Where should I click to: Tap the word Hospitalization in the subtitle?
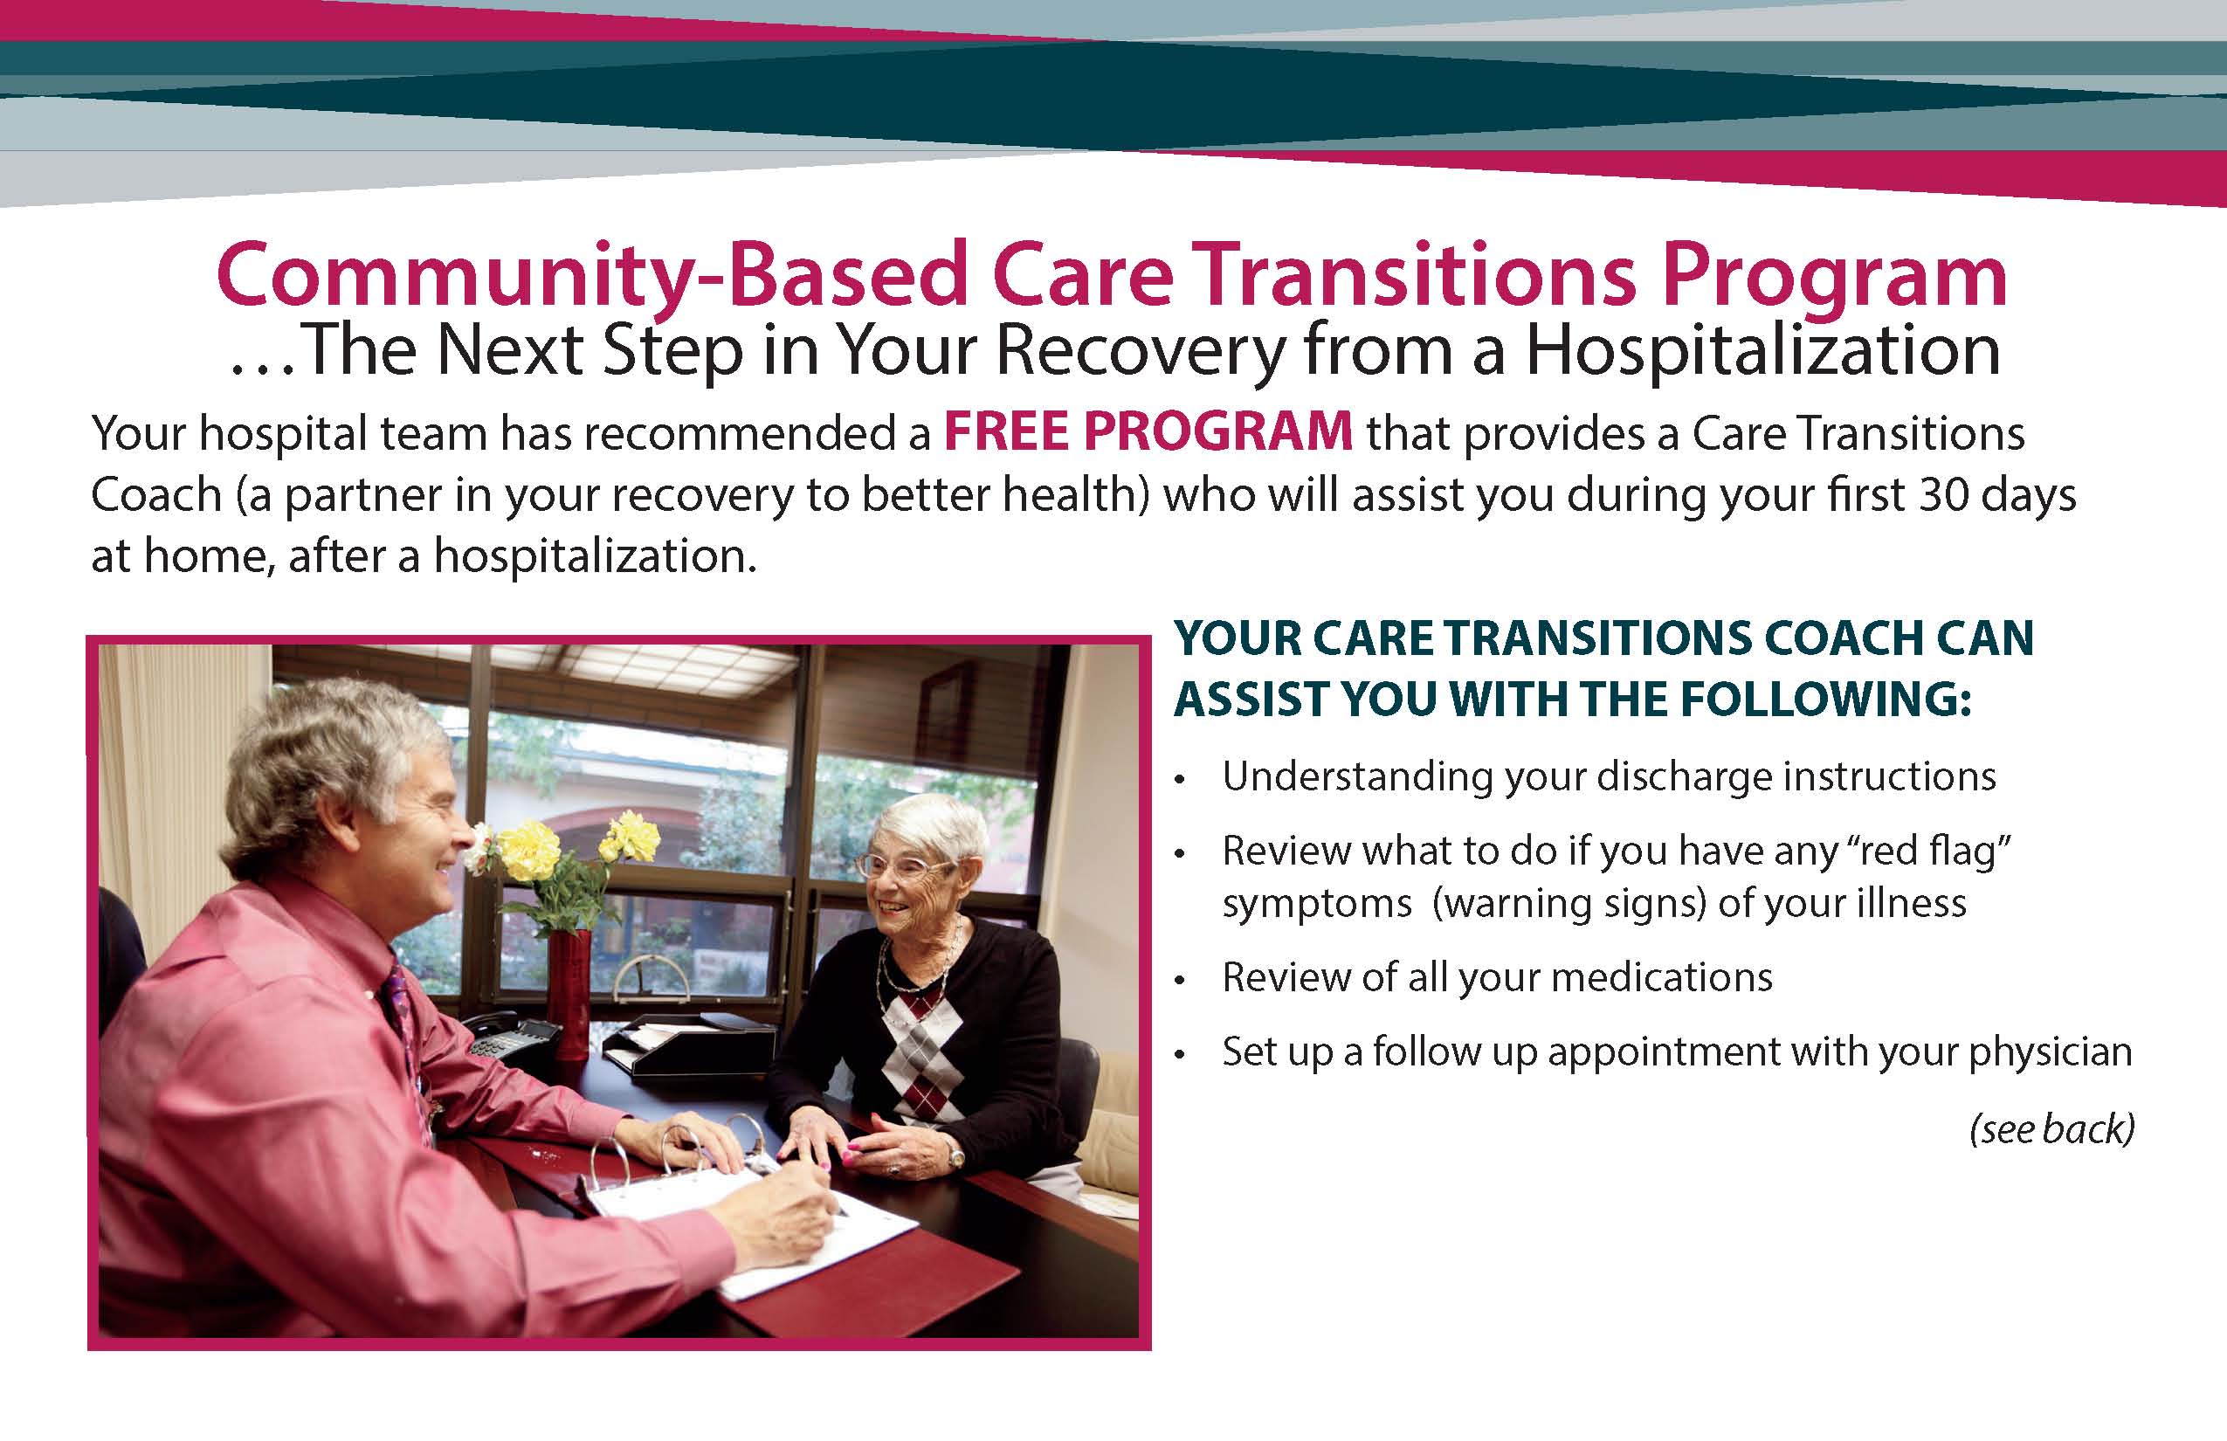tap(1763, 352)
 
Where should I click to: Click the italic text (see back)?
tap(2052, 1129)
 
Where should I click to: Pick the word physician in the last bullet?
tap(2051, 1052)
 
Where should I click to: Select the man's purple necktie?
tap(405, 1030)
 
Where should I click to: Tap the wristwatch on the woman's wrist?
tap(955, 1156)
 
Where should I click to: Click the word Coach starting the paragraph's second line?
tap(156, 495)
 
